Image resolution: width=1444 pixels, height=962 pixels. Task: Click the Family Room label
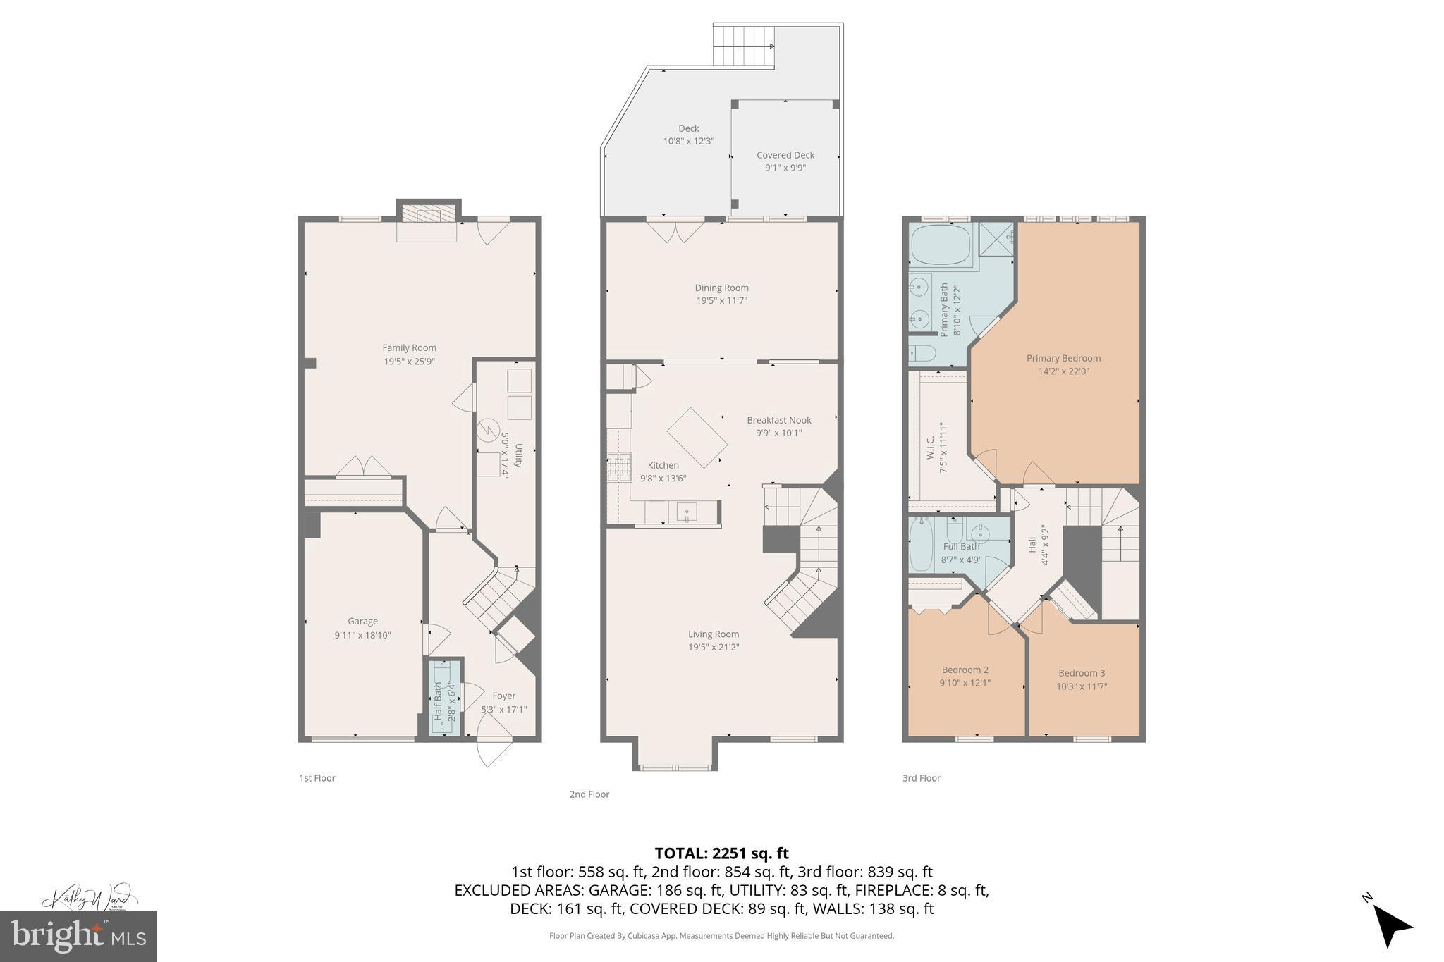point(409,347)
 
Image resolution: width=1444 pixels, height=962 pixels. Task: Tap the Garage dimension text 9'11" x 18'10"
point(362,635)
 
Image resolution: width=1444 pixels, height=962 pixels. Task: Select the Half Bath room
point(445,698)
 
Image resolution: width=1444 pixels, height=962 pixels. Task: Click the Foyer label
point(503,696)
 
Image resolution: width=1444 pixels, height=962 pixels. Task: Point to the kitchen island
point(697,438)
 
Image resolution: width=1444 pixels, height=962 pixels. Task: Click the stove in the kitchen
point(618,467)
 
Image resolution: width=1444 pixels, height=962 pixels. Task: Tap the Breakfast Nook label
point(778,420)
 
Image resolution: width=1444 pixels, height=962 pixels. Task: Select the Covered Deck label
point(785,155)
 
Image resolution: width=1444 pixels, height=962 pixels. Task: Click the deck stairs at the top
point(743,45)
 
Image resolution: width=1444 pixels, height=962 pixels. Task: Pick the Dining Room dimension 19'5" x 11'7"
point(721,300)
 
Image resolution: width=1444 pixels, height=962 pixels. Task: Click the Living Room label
point(714,634)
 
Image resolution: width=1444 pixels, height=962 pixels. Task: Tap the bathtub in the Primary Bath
point(941,245)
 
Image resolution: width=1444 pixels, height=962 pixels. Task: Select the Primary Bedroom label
point(1063,358)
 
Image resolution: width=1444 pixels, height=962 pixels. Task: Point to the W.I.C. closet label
point(930,447)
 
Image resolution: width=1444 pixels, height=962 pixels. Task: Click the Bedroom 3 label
point(1081,673)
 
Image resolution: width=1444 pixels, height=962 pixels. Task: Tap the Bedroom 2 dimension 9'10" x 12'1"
point(965,682)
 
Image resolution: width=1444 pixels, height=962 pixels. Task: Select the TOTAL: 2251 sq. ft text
point(721,853)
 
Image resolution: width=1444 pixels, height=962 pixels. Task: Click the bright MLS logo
point(78,936)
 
